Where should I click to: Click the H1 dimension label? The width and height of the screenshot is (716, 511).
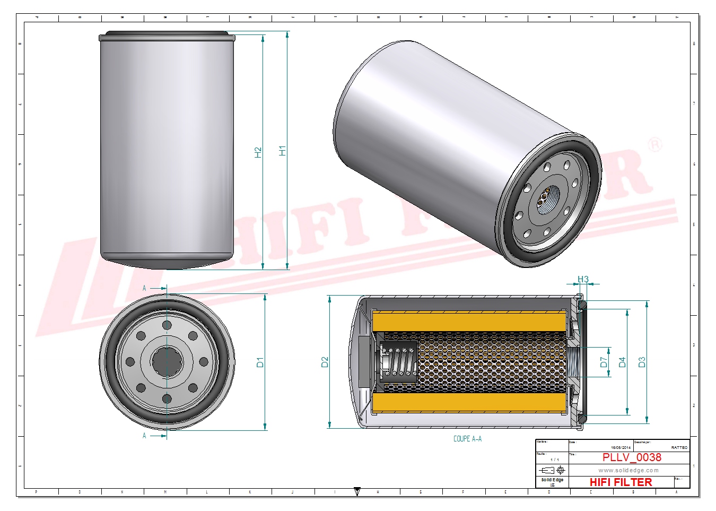282,151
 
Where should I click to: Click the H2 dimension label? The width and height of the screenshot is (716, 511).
258,152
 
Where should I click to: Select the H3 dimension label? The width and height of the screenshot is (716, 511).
583,279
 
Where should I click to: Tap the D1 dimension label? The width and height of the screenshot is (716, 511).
260,362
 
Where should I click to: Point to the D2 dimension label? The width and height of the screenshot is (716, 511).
325,362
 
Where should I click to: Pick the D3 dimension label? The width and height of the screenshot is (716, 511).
642,362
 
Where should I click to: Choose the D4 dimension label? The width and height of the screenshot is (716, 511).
622,362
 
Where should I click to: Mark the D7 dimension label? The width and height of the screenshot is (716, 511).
604,362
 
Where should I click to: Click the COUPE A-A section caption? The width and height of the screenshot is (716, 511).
467,439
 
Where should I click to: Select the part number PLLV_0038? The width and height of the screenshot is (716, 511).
632,457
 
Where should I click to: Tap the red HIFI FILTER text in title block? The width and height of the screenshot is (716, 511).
621,482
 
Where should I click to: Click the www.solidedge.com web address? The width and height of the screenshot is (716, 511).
628,470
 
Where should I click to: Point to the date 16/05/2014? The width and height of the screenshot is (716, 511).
621,448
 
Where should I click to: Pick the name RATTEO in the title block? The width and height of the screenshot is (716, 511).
679,448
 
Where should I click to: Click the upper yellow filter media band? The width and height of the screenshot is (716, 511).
469,322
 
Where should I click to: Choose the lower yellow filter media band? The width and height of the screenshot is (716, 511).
469,403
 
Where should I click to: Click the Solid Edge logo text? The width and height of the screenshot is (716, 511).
552,480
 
